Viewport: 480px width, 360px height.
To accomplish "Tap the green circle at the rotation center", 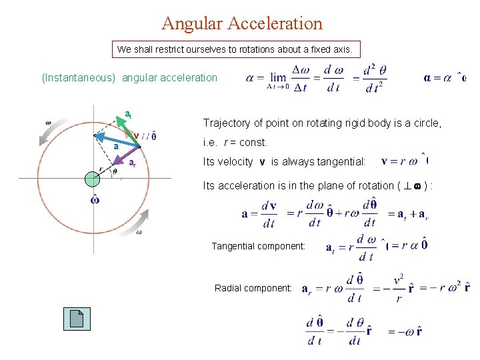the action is coord(92,178).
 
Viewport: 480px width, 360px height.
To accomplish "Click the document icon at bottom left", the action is coord(77,319).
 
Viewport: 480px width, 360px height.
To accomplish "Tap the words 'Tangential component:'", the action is coord(259,246).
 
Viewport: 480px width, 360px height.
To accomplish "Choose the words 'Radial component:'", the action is coord(253,288).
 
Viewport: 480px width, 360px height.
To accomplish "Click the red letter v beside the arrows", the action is coord(136,135).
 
